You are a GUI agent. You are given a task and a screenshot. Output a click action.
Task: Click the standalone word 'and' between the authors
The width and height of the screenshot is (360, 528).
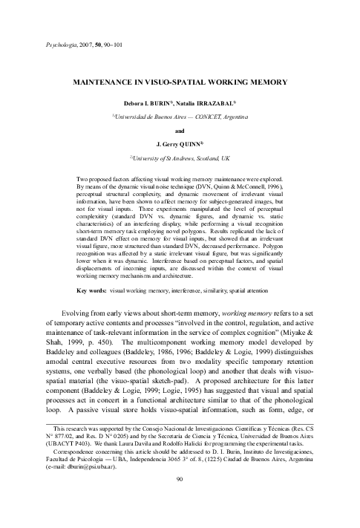[x=180, y=129]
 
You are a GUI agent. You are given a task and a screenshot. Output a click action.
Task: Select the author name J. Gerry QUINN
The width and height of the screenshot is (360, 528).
[x=179, y=143]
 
